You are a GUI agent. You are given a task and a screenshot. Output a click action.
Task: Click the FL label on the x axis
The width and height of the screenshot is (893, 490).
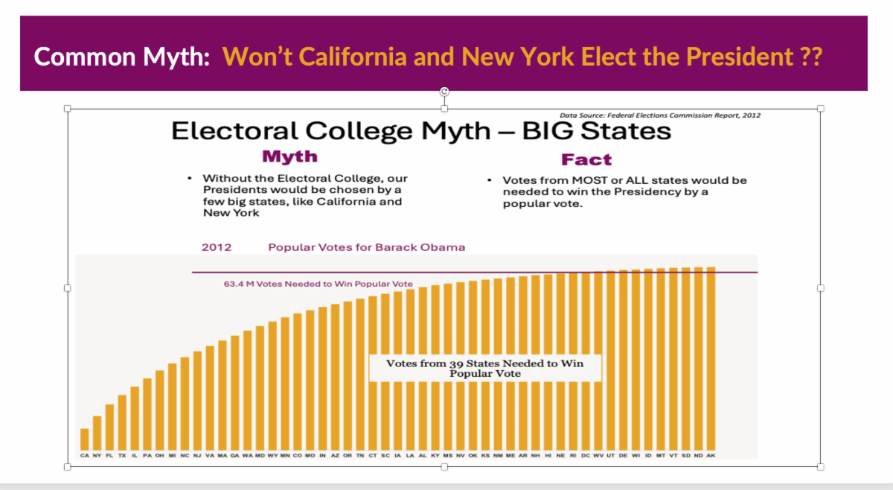tap(109, 454)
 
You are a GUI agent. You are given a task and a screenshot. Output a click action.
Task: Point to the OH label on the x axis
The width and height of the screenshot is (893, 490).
tap(159, 454)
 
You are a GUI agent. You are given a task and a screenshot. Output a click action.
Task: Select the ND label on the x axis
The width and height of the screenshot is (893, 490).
tap(698, 454)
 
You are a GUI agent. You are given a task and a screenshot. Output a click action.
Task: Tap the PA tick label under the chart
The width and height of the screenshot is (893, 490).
tap(147, 454)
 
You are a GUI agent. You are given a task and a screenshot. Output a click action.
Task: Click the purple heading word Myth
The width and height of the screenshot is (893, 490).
tap(289, 157)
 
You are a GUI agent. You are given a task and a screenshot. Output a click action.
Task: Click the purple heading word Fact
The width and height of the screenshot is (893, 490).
tap(586, 159)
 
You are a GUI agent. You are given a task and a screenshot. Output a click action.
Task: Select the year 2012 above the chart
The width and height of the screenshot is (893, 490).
tap(217, 247)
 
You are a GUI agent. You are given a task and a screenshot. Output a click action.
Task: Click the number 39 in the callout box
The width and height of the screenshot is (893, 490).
tap(456, 363)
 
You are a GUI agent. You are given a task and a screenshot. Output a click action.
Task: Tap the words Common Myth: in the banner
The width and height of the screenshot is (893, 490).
tap(122, 57)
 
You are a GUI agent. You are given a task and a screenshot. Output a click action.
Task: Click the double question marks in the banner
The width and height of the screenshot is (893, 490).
tap(811, 57)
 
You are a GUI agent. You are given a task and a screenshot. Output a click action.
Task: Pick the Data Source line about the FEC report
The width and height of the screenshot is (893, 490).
tap(659, 115)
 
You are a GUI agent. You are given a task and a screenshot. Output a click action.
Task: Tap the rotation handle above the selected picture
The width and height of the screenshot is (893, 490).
tap(444, 92)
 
